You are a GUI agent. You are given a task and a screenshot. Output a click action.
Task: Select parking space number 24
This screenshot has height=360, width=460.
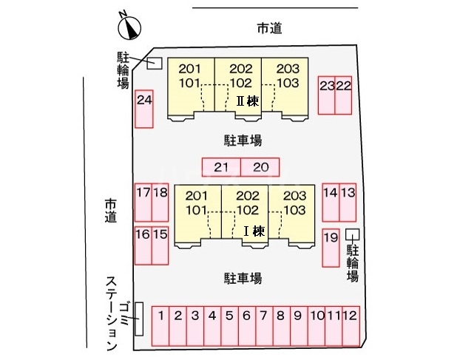[x=144, y=109]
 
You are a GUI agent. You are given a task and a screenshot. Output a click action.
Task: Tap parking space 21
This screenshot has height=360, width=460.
[x=221, y=167]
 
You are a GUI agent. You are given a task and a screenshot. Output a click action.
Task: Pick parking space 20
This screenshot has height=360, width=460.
[x=260, y=167]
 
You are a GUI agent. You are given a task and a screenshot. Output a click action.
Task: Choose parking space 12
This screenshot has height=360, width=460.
[x=351, y=325]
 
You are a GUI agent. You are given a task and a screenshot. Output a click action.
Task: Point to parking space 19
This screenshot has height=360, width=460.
[x=331, y=248]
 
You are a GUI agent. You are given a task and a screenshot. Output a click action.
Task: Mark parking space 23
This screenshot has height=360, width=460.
[x=326, y=95]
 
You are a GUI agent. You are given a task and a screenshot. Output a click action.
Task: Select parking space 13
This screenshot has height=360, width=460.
[x=348, y=203]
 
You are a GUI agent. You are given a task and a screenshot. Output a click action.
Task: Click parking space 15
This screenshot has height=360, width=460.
[x=160, y=246]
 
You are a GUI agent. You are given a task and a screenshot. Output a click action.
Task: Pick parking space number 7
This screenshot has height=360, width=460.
[x=263, y=325]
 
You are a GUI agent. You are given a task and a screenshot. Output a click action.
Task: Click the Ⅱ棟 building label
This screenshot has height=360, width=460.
[x=247, y=100]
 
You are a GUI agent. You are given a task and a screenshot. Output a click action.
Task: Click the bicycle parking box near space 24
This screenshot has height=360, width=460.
[x=155, y=63]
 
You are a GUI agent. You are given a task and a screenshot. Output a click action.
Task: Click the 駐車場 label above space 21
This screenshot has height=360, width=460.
[x=243, y=139]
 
